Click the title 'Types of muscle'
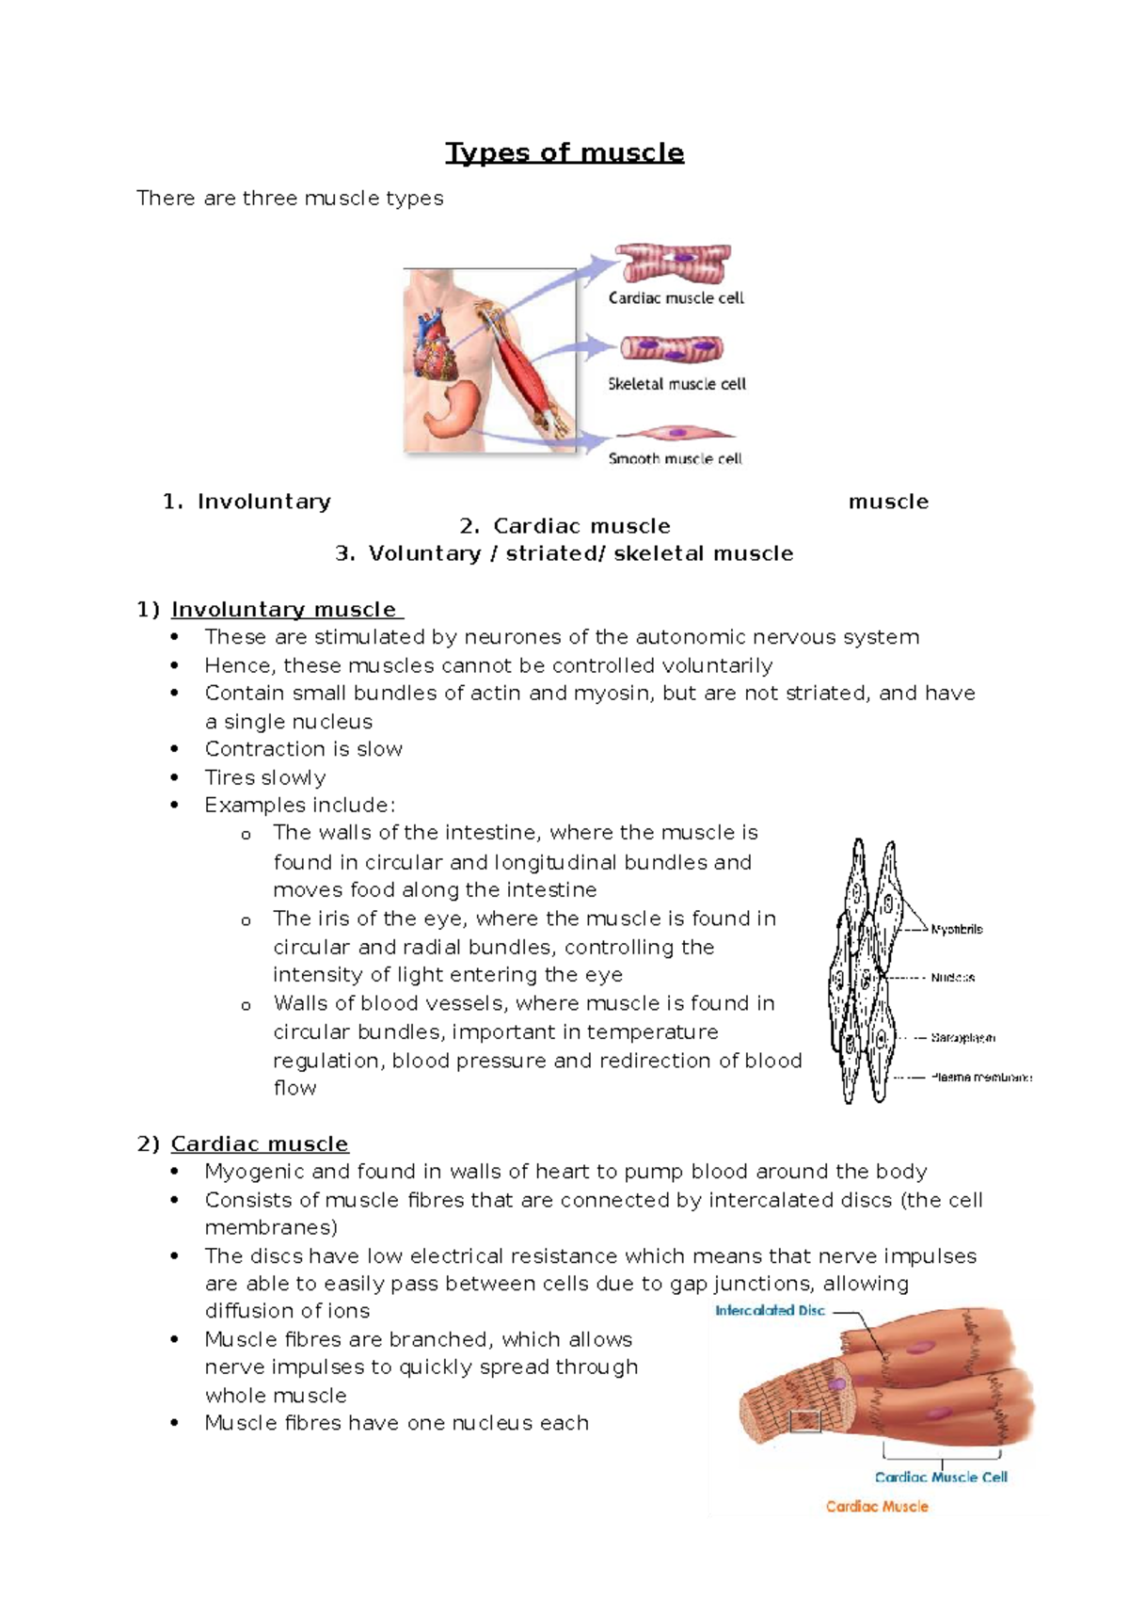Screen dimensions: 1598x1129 coord(564,152)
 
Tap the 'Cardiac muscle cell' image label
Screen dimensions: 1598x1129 coord(676,298)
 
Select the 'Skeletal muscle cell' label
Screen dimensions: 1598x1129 coord(676,384)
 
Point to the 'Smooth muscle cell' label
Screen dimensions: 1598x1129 coord(675,458)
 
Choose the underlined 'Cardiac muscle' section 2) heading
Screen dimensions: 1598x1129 coord(260,1144)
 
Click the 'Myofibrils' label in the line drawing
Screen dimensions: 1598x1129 coord(956,929)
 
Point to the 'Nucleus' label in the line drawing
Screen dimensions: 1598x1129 coord(952,978)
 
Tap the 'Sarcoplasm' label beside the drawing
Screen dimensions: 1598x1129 coord(962,1038)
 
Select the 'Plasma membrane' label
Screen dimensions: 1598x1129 coord(980,1078)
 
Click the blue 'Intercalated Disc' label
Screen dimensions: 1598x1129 coord(770,1310)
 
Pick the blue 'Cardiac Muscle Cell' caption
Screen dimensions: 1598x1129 coord(941,1478)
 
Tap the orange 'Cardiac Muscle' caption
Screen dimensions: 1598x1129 coord(877,1507)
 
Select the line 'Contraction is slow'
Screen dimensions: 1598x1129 coord(304,749)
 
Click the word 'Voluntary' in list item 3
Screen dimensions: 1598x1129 coord(424,553)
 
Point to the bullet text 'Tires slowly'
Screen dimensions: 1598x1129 coord(265,777)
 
